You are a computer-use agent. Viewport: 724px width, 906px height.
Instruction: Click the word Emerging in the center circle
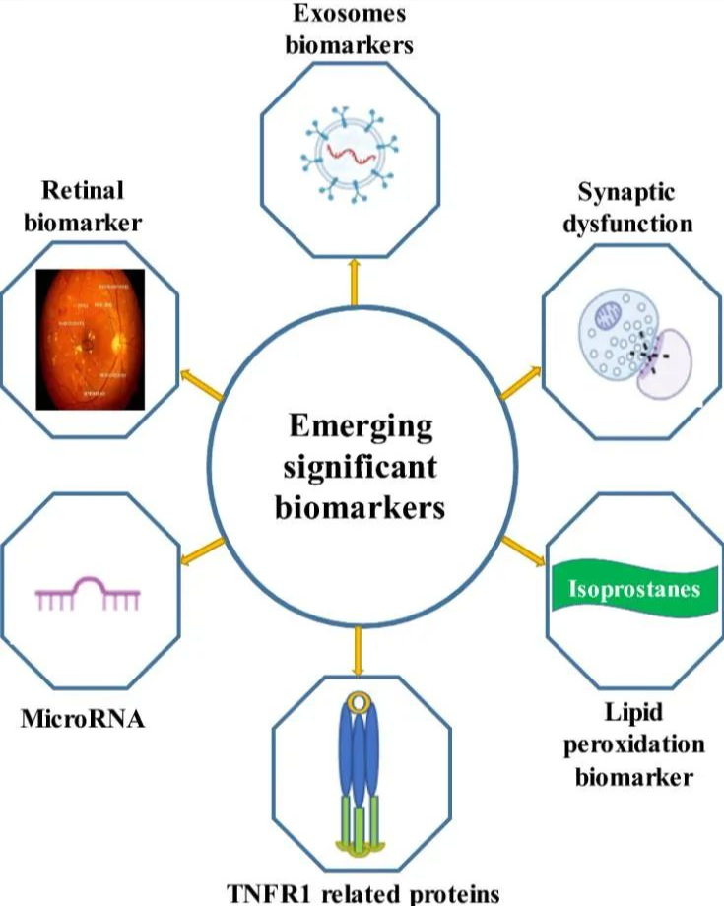[x=361, y=426]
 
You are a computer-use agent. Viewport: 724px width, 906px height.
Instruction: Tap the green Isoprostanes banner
[x=634, y=589]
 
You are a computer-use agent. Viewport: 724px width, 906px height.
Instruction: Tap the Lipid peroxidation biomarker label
[x=627, y=744]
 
